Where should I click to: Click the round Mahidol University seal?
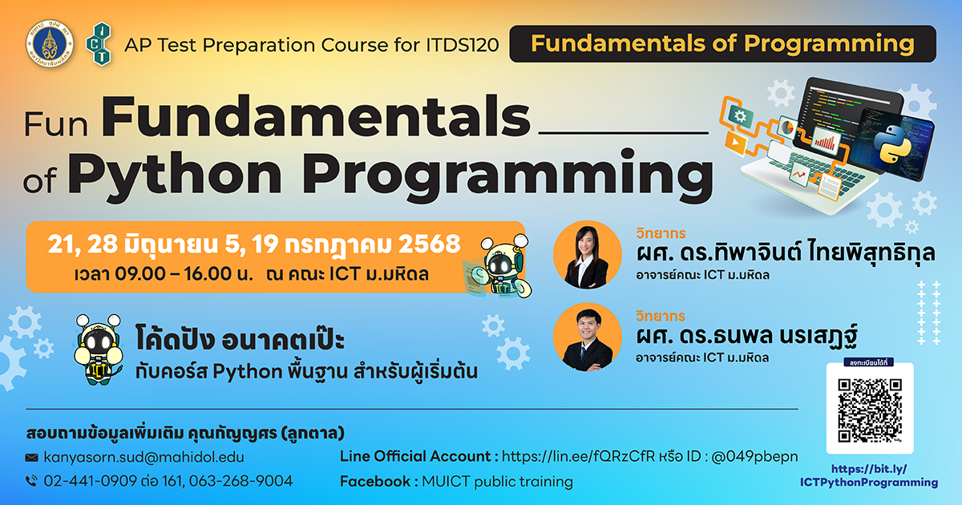point(50,44)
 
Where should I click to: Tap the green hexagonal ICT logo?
point(99,44)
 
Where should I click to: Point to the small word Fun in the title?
point(56,124)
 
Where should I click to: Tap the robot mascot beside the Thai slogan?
point(99,349)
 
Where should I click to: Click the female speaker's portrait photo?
point(587,255)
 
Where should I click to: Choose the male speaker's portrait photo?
point(587,337)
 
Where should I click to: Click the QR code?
point(870,410)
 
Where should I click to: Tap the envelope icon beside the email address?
point(32,458)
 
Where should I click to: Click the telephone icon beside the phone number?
point(32,481)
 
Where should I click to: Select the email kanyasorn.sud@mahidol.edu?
point(143,458)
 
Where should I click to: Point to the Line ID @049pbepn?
point(754,456)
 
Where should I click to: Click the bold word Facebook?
point(375,482)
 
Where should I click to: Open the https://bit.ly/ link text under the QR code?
point(869,469)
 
